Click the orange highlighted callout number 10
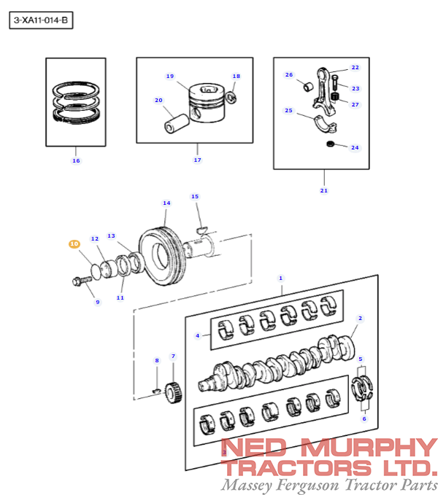(x=74, y=244)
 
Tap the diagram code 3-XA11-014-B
(x=41, y=20)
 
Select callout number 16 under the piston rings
(x=76, y=160)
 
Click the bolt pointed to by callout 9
(x=82, y=281)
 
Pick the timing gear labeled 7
(x=174, y=392)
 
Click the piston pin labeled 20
(x=177, y=123)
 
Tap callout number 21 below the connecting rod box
(x=324, y=191)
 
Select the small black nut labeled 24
(x=330, y=144)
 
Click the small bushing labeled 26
(x=309, y=87)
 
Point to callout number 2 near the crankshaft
(x=361, y=318)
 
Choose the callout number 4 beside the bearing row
(x=198, y=335)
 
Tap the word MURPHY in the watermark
(x=369, y=447)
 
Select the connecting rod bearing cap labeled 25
(x=326, y=124)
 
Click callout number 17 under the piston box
(x=198, y=160)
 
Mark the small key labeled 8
(x=156, y=391)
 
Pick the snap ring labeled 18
(x=231, y=98)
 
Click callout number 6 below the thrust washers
(x=364, y=419)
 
